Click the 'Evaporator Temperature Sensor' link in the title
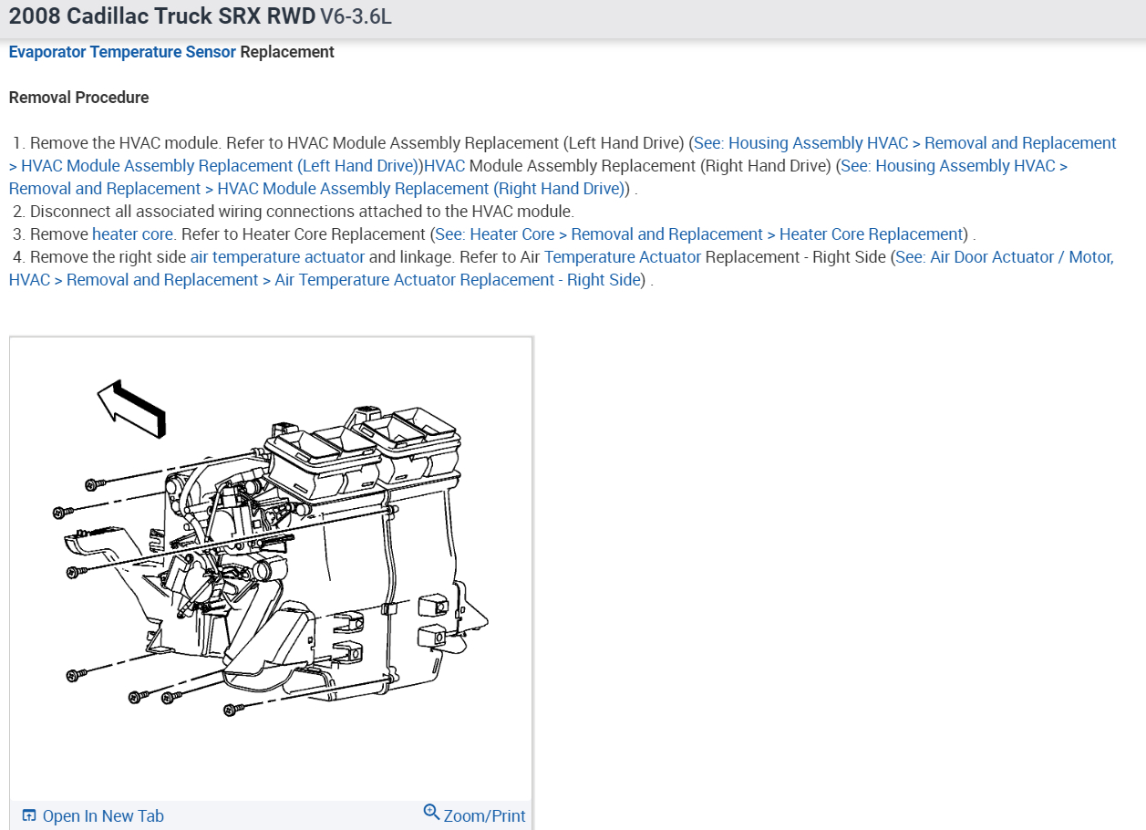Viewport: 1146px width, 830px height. point(122,52)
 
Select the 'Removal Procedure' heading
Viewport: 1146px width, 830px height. point(78,98)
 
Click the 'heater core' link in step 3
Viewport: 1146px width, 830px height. point(132,234)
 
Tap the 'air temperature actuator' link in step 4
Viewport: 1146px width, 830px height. point(277,257)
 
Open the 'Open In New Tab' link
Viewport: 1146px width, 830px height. point(103,816)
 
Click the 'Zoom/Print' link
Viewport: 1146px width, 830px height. point(484,815)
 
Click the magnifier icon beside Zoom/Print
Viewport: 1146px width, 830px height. point(432,813)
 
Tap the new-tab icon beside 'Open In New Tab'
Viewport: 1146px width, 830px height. point(29,816)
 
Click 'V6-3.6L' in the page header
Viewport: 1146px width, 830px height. point(356,17)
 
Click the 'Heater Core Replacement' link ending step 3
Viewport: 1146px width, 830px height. point(872,234)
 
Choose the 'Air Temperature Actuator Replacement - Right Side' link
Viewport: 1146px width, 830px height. point(458,280)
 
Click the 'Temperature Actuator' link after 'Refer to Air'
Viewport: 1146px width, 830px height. point(623,257)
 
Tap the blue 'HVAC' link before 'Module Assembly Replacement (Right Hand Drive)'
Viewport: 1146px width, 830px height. point(445,166)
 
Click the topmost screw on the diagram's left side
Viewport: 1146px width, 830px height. point(91,483)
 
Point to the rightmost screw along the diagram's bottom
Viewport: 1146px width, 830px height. point(231,709)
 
